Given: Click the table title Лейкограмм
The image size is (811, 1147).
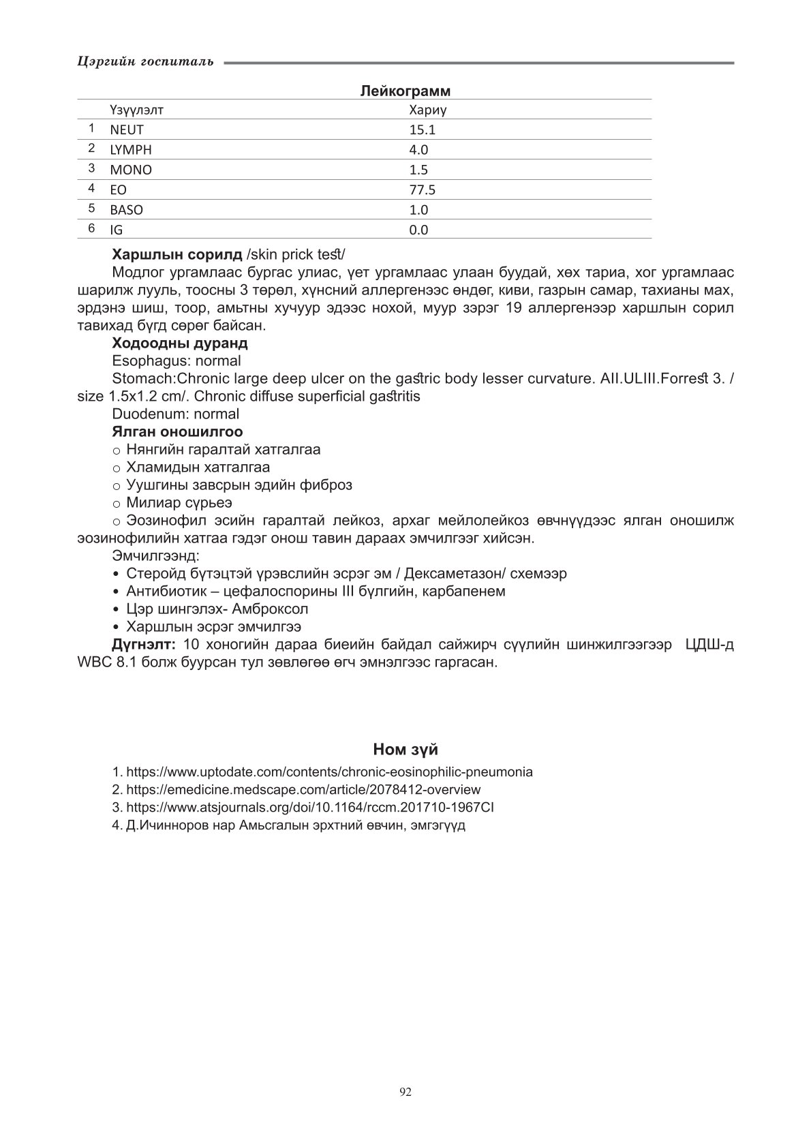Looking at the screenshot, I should [405, 91].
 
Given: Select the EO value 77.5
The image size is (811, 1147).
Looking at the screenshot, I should [422, 190].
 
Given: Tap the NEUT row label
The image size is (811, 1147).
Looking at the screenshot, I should [127, 130].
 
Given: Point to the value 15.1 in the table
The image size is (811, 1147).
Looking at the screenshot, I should [422, 130].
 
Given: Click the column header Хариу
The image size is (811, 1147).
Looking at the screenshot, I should [427, 110].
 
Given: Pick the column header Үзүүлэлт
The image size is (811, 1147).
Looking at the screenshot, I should [136, 110].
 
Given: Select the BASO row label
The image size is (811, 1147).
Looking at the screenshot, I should [126, 210].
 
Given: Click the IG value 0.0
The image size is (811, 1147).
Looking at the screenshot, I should [418, 230].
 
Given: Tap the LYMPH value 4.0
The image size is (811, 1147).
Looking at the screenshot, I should [418, 150].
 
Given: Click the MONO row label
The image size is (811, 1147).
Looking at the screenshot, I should [131, 170].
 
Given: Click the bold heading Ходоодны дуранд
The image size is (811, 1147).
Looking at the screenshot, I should [180, 343].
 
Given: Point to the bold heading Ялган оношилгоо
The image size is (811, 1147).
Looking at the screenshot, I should [177, 431].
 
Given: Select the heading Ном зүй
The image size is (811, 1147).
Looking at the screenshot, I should [405, 750].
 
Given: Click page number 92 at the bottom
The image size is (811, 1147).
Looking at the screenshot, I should [405, 1092].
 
